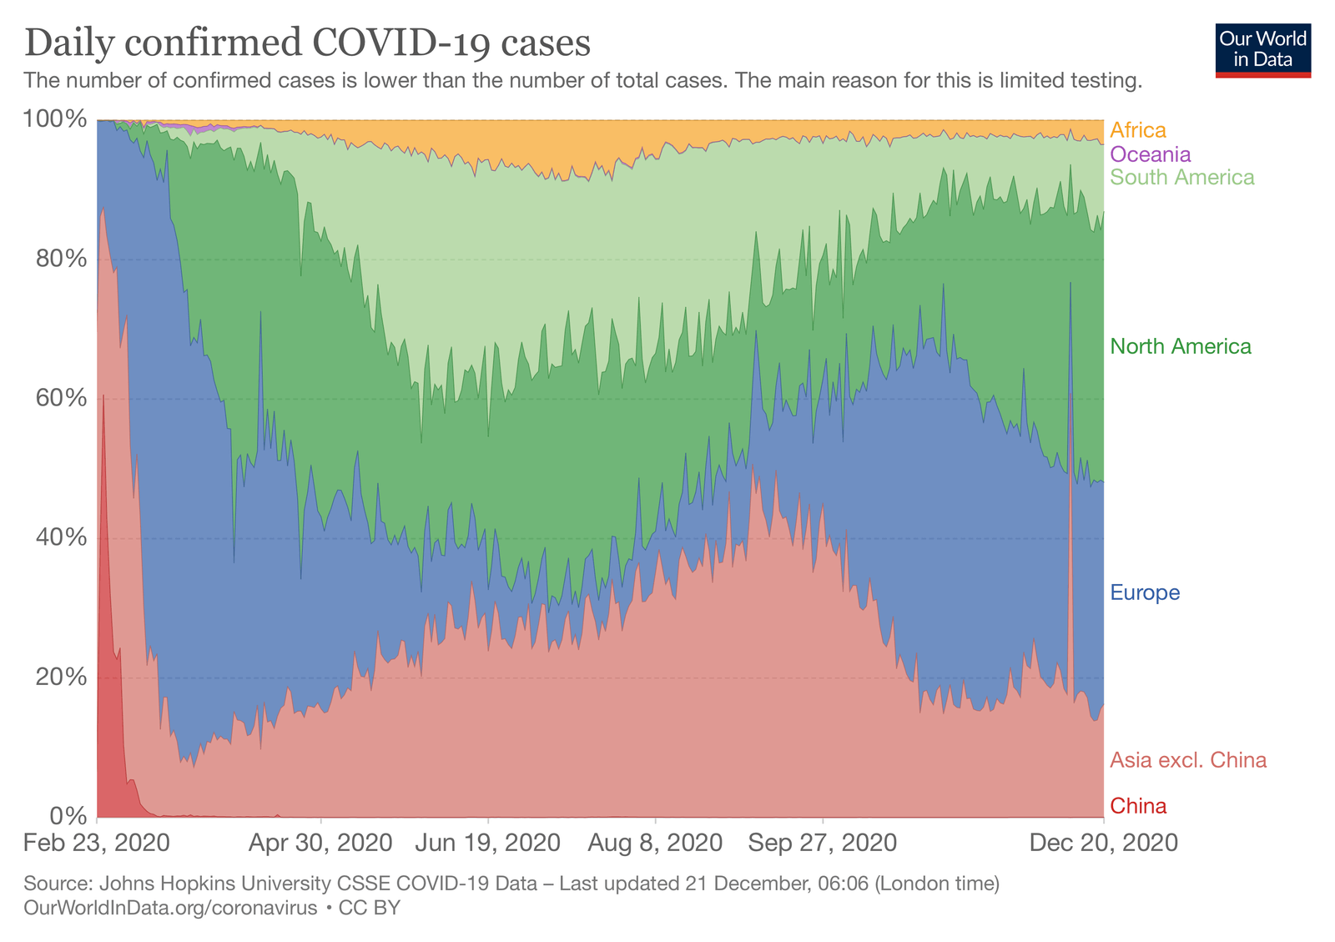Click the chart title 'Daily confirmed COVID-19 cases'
click(307, 43)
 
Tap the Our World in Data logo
click(1262, 50)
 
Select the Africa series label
click(1137, 130)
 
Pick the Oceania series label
click(1150, 154)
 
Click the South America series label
click(1181, 178)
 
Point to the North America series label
click(1180, 346)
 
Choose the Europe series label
click(1145, 593)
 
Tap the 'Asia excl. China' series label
click(1187, 760)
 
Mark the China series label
click(1138, 806)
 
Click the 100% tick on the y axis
click(55, 119)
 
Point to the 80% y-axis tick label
click(61, 259)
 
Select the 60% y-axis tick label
click(61, 398)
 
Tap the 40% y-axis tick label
click(61, 537)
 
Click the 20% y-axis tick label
click(61, 677)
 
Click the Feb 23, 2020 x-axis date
click(97, 843)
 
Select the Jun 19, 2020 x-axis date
click(487, 843)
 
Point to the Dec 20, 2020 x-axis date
click(1103, 843)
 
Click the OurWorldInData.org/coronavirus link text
click(170, 908)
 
